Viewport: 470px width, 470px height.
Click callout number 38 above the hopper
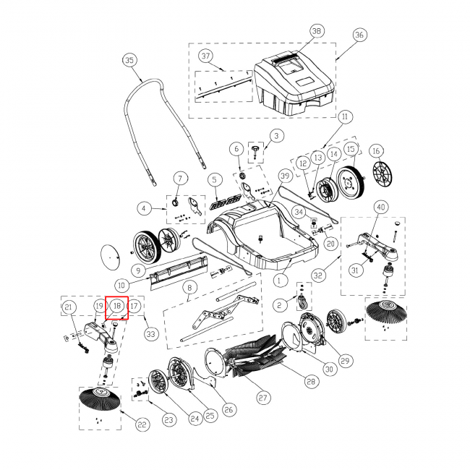(x=317, y=31)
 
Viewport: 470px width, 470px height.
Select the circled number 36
(x=359, y=35)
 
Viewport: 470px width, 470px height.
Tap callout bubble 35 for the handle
(x=129, y=60)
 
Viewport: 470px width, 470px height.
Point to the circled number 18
(x=117, y=306)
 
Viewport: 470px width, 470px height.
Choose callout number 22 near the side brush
(x=142, y=424)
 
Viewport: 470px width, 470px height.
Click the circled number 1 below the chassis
(x=279, y=281)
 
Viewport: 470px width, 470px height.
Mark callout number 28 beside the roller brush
(x=311, y=381)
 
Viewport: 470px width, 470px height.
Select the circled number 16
(x=376, y=151)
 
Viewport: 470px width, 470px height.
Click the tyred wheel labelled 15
(x=350, y=182)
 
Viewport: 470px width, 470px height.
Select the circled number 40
(x=380, y=207)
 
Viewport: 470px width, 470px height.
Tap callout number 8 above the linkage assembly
(x=189, y=288)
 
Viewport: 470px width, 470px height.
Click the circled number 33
(x=151, y=333)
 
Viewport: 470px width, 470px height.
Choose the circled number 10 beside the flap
(x=121, y=285)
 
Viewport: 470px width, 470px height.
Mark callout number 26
(x=228, y=409)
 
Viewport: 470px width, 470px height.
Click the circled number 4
(x=144, y=208)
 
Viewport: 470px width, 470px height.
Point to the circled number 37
(x=205, y=56)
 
